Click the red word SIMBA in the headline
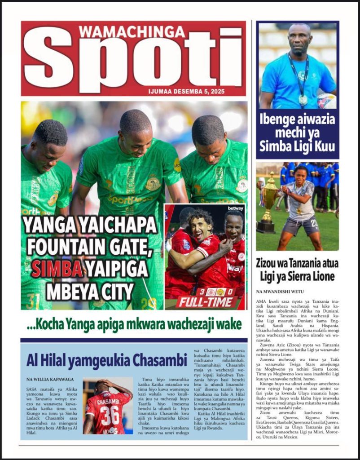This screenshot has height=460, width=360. [x=57, y=269]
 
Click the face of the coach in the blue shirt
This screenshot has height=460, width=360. [x=300, y=40]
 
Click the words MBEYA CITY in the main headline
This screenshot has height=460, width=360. [x=90, y=291]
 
